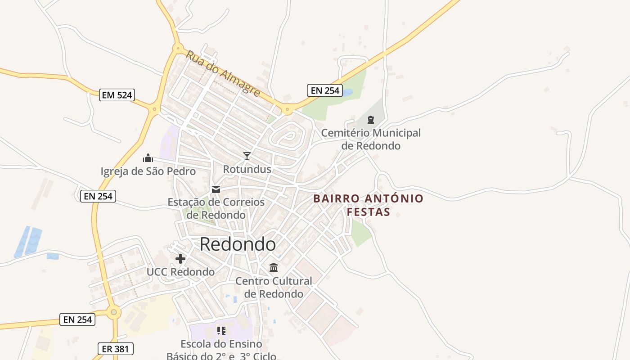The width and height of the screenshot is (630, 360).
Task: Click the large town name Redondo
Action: pyautogui.click(x=238, y=244)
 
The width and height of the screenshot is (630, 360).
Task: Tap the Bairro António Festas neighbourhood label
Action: pyautogui.click(x=368, y=205)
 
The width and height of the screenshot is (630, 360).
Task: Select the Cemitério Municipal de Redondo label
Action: pyautogui.click(x=371, y=139)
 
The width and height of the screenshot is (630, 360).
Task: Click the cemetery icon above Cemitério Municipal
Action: pyautogui.click(x=371, y=120)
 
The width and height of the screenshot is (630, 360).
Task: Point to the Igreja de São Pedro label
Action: pyautogui.click(x=148, y=171)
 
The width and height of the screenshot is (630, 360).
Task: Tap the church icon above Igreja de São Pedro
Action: pyautogui.click(x=148, y=158)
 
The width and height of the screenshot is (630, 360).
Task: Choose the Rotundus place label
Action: pyautogui.click(x=247, y=169)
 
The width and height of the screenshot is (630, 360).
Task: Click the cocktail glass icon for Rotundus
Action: pyautogui.click(x=247, y=156)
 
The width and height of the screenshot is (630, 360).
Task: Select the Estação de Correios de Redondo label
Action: pyautogui.click(x=216, y=208)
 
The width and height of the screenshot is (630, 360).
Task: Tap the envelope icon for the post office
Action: pyautogui.click(x=216, y=189)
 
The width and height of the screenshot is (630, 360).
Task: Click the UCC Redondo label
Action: pyautogui.click(x=180, y=272)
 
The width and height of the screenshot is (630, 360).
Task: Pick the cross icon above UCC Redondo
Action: pyautogui.click(x=180, y=259)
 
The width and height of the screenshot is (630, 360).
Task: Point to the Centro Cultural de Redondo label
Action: pyautogui.click(x=274, y=287)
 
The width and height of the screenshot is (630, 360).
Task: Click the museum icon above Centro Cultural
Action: pyautogui.click(x=274, y=268)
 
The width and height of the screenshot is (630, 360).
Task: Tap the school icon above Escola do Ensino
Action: pyautogui.click(x=221, y=331)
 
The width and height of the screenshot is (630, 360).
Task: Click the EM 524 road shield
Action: pyautogui.click(x=117, y=95)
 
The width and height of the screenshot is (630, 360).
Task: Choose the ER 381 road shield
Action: pyautogui.click(x=116, y=348)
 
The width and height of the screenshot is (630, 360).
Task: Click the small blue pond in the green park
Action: pyautogui.click(x=348, y=92)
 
